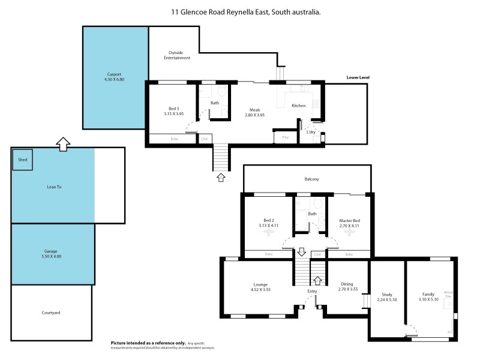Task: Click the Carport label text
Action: pos(113,74)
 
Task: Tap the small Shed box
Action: pos(23,160)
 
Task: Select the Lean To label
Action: pos(54,187)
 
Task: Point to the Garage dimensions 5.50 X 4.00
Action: pos(54,256)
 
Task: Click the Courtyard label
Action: pos(51,313)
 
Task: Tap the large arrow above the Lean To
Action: pos(62,142)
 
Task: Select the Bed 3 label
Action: pos(173,108)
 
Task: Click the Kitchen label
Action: pos(298,106)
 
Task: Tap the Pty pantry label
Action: pos(285,137)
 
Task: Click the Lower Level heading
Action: pos(358,77)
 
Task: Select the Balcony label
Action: pos(311,179)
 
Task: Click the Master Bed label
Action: pos(349,220)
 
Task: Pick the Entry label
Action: pos(312,291)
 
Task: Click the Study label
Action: pos(387,294)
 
